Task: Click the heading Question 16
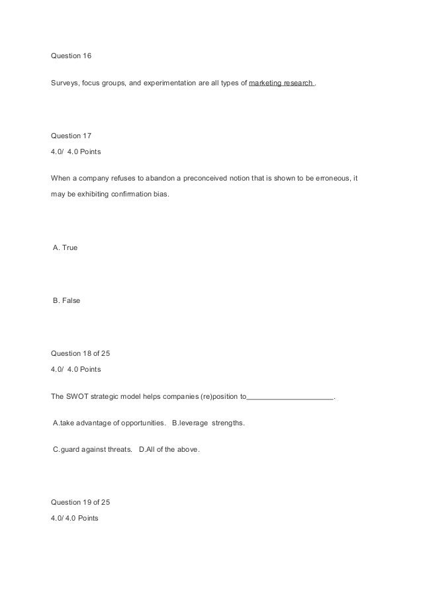[x=71, y=56]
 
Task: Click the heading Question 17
[x=71, y=136]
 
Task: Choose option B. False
[x=67, y=300]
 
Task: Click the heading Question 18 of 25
[x=81, y=353]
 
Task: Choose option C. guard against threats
[x=91, y=450]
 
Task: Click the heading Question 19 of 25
[x=81, y=502]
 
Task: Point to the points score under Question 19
[x=74, y=518]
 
